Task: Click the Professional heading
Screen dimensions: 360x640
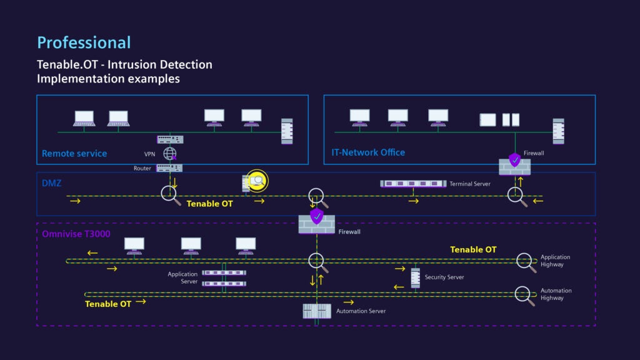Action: pos(84,42)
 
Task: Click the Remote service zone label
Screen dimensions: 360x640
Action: pos(74,153)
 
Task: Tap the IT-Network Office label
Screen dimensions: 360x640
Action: pos(367,152)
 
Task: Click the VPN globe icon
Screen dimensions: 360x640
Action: pos(169,154)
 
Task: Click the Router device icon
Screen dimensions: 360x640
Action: pos(169,168)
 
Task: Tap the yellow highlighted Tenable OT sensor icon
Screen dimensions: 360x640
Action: pos(256,181)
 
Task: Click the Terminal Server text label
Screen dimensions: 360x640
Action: pos(470,184)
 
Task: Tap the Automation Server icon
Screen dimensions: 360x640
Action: pos(317,311)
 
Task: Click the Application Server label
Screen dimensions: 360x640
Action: pos(182,278)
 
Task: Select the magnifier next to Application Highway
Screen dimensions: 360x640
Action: pos(526,261)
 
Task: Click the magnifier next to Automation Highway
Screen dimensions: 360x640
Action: pos(524,294)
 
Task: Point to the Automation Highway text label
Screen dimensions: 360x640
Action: pos(556,294)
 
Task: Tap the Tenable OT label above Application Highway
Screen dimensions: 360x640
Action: pos(473,250)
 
